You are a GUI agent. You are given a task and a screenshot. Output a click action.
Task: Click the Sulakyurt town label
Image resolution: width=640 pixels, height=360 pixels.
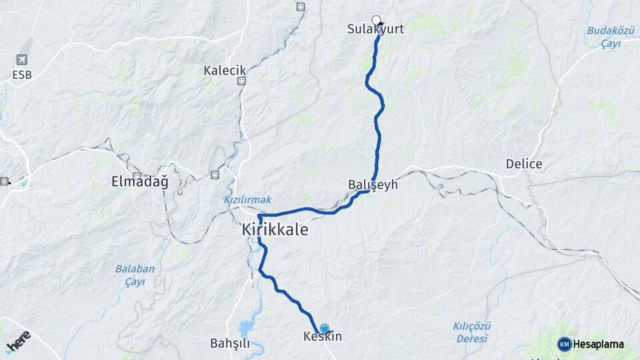tap(375, 29)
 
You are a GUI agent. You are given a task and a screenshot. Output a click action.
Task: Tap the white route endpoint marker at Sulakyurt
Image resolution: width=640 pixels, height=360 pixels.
tap(376, 20)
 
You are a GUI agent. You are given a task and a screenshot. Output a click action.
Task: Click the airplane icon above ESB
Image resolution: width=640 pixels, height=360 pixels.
tap(22, 60)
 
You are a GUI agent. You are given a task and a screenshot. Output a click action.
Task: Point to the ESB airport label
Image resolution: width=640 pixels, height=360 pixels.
tap(22, 75)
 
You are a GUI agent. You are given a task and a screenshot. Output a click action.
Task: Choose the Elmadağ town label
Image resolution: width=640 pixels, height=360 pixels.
tap(140, 181)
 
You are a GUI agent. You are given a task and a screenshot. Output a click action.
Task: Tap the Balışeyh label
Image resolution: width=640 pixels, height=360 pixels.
tap(373, 185)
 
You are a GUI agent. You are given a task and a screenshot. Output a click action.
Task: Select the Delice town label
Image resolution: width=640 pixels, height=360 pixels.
tap(523, 164)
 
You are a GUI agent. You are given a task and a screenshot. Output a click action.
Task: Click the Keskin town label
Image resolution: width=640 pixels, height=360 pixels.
tap(323, 337)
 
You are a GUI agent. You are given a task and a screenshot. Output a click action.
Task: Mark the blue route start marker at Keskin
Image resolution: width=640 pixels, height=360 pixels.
tap(324, 328)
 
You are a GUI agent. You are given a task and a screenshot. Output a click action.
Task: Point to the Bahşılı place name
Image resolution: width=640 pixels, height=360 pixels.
tap(229, 343)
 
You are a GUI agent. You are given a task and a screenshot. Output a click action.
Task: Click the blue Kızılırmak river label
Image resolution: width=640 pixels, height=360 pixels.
tap(238, 200)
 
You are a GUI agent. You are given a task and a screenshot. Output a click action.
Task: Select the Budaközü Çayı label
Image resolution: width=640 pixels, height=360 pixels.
tap(604, 37)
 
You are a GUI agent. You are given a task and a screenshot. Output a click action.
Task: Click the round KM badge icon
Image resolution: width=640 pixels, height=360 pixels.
tap(565, 345)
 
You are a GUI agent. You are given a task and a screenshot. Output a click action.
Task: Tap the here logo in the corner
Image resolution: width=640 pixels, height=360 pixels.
tap(19, 341)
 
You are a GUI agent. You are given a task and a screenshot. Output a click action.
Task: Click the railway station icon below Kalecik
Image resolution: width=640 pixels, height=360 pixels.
tap(241, 81)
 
